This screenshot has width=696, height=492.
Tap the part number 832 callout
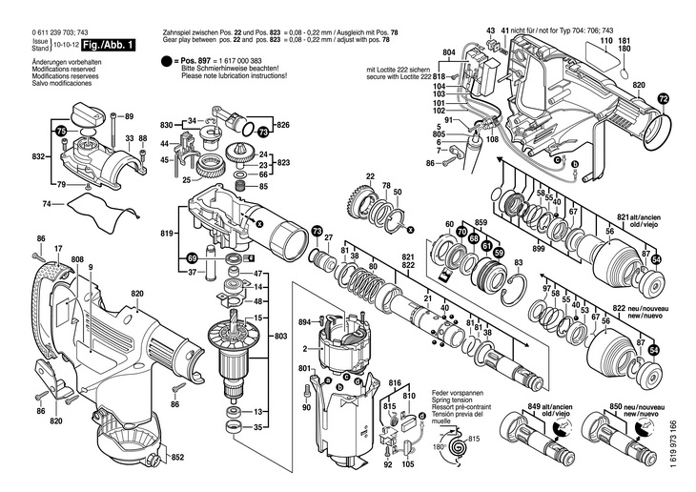pyautogui.click(x=38, y=155)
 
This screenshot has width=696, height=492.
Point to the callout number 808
pyautogui.click(x=76, y=259)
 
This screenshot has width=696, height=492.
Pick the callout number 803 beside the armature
pyautogui.click(x=280, y=337)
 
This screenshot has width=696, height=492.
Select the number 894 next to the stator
pyautogui.click(x=305, y=321)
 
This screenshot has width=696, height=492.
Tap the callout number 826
pyautogui.click(x=282, y=126)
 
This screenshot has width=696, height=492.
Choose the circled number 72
pyautogui.click(x=664, y=95)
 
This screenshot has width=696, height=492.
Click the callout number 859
pyautogui.click(x=481, y=223)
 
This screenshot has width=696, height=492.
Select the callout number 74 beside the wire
pyautogui.click(x=47, y=204)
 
